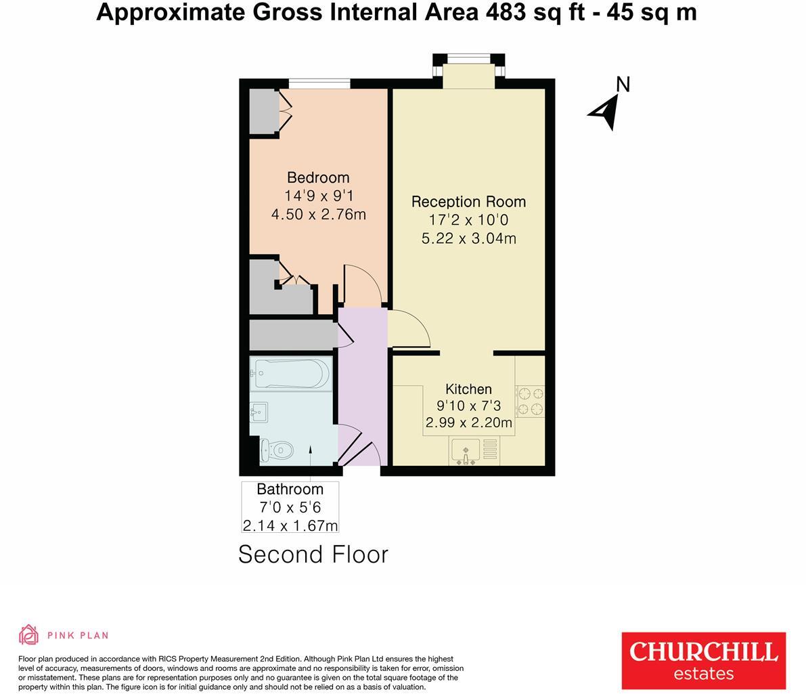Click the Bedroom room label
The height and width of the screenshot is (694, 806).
pos(318,177)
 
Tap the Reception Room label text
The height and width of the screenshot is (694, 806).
pos(468,202)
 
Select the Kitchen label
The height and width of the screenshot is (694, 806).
pos(468,389)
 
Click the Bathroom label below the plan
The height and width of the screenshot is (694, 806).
pos(290,489)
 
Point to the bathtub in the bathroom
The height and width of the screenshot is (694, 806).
pos(291,372)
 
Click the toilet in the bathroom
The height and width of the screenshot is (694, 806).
pos(278,449)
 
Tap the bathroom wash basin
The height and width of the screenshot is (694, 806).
pos(258,410)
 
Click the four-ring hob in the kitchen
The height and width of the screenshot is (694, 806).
pos(530,401)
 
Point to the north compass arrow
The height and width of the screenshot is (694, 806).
pos(604,111)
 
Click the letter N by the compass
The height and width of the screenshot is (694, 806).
pos(623,85)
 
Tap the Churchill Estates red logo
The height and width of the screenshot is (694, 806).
pos(703,659)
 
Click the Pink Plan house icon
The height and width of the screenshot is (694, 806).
pos(28,635)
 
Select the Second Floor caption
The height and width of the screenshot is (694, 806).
pos(313,555)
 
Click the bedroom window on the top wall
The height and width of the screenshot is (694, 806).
pos(319,83)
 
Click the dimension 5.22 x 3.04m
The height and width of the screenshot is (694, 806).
pos(468,238)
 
